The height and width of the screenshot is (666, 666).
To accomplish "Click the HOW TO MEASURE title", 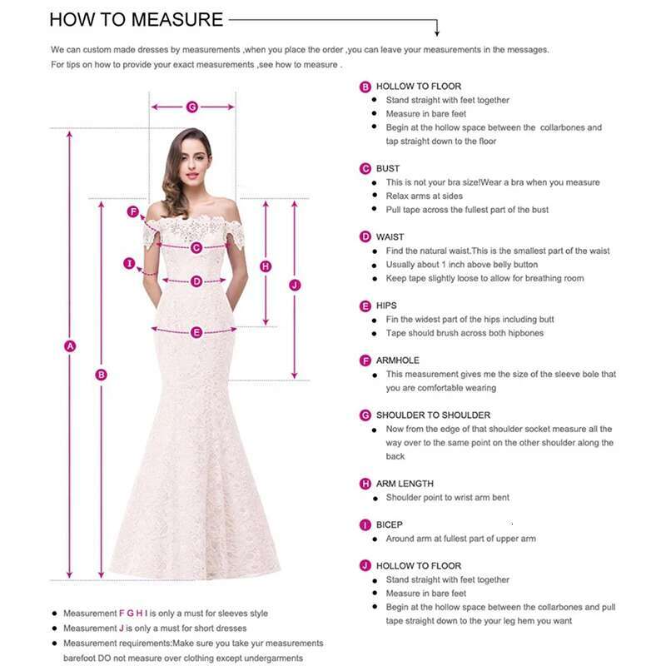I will (x=136, y=19).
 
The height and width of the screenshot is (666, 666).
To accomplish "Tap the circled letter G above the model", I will (x=192, y=107).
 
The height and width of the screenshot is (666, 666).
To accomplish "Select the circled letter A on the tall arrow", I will (x=71, y=345).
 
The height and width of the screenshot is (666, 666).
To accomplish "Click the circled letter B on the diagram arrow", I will (x=102, y=375).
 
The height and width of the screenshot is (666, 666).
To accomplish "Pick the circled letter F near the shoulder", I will (x=132, y=211).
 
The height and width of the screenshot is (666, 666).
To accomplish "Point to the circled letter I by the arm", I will (x=129, y=264).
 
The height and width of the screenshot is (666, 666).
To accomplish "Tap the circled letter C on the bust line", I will (x=196, y=247).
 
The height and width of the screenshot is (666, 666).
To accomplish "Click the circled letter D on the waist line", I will (x=196, y=281).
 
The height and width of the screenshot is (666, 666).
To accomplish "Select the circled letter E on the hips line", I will (x=196, y=332).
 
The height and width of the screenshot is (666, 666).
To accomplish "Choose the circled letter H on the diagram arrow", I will (x=266, y=266).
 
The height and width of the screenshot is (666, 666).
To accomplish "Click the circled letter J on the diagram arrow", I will (x=294, y=285).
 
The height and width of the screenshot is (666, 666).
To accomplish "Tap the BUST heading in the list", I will (x=388, y=168).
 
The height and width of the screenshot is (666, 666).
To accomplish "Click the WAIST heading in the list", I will (x=390, y=236).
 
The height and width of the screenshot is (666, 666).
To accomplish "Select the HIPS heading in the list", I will (x=386, y=306).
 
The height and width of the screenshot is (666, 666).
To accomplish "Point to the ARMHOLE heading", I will (x=397, y=360).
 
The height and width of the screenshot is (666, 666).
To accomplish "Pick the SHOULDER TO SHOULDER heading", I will (x=433, y=415).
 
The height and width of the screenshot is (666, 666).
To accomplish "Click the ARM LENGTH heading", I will (x=405, y=484).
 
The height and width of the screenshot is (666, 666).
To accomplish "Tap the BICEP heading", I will (x=389, y=524).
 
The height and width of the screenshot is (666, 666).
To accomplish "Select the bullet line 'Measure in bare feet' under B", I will (x=425, y=113).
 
